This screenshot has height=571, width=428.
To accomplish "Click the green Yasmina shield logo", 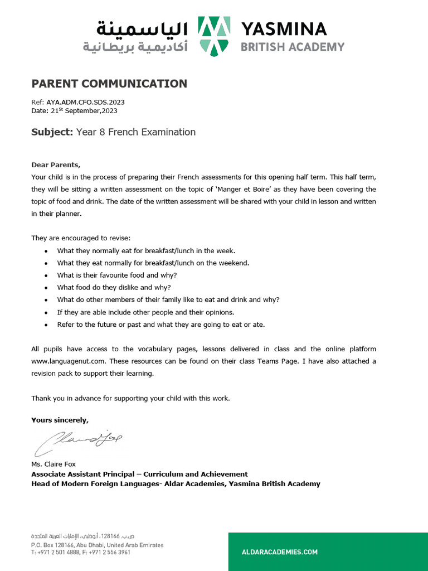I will (215, 36).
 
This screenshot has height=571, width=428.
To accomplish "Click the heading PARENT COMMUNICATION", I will (109, 84).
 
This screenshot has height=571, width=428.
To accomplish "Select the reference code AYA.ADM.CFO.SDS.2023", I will (85, 103).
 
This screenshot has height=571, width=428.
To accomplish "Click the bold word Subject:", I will (52, 132).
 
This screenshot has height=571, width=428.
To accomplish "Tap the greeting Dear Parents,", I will (56, 164).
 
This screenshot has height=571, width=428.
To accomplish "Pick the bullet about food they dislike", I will (114, 287).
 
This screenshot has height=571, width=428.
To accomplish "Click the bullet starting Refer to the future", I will (161, 324).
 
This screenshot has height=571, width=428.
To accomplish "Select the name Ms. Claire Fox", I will (53, 464).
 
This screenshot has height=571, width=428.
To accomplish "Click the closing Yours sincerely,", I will (60, 420).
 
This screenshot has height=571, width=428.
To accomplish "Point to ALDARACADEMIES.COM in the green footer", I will (279, 552).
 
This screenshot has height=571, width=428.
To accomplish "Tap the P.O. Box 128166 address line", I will (98, 545).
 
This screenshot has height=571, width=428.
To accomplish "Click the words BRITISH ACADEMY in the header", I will (292, 47).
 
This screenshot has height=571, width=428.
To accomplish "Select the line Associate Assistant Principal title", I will (139, 474).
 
